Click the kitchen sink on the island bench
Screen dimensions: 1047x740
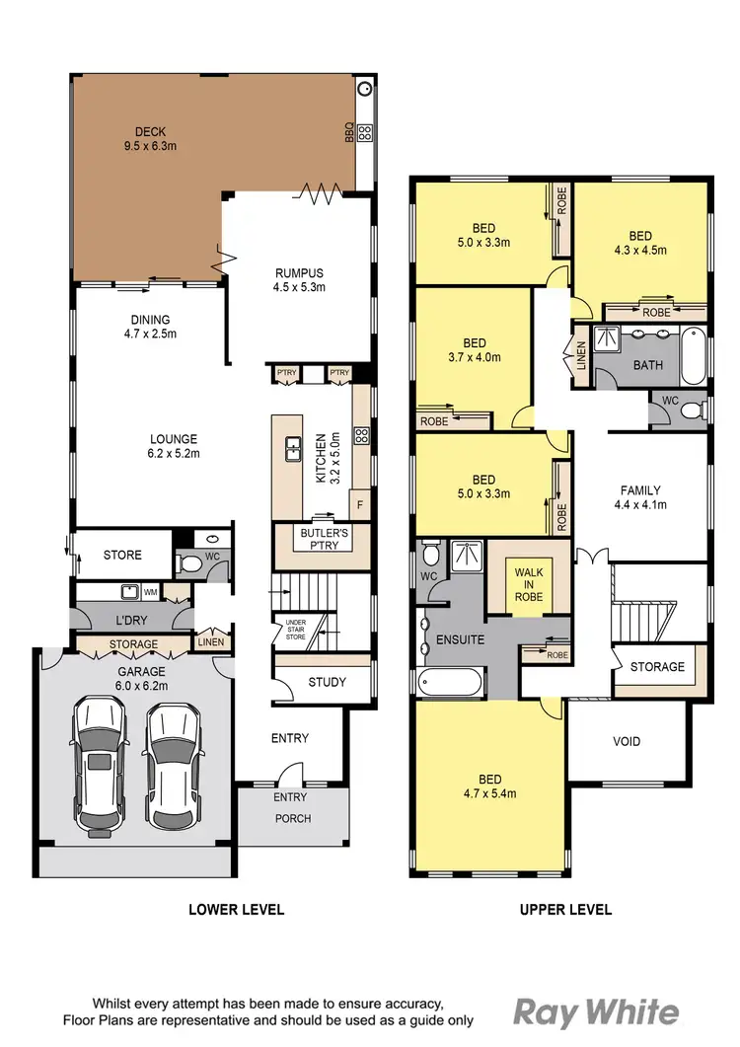[x=293, y=449]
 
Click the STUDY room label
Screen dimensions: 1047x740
[x=326, y=682]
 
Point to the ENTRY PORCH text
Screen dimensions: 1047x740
[x=290, y=807]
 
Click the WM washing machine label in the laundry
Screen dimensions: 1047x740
[x=151, y=592]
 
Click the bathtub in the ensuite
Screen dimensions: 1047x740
[x=450, y=683]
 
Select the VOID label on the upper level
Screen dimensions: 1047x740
[x=627, y=741]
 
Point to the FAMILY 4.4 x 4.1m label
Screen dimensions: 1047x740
[x=640, y=496]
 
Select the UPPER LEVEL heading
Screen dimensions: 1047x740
[x=565, y=909]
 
